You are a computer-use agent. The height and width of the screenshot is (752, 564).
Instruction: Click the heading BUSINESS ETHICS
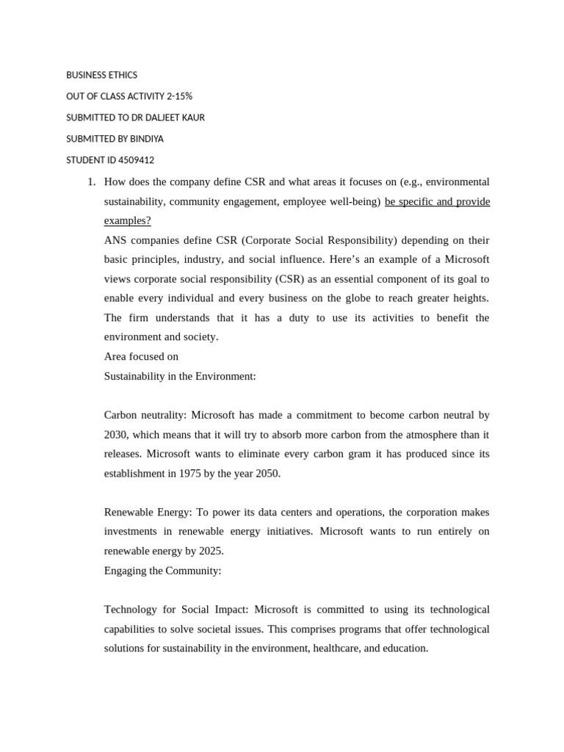point(101,75)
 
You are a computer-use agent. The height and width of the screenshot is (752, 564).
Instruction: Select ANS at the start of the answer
point(116,240)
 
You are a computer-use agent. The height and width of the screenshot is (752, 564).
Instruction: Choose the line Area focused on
point(141,356)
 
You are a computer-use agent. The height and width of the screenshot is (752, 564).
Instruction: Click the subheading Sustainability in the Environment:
point(180,376)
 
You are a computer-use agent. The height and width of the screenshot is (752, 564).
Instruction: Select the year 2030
point(116,435)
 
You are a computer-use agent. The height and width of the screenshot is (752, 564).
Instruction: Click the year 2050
point(266,474)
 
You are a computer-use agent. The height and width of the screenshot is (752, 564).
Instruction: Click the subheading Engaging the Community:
point(162,571)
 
